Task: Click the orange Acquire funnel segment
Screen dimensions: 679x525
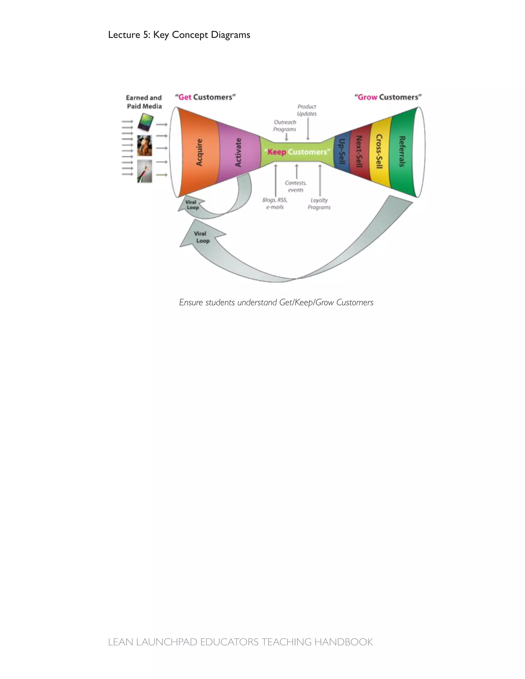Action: point(199,152)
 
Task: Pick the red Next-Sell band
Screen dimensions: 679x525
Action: point(360,152)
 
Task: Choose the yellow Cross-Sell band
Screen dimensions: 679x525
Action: point(379,152)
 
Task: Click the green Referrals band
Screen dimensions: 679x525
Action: point(402,152)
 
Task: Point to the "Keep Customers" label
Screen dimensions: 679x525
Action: point(297,152)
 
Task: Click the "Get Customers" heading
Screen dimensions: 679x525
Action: point(205,97)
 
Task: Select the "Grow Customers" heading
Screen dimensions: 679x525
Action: point(388,97)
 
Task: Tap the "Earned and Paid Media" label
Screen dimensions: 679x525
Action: point(144,102)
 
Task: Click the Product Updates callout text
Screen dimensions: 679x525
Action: point(307,110)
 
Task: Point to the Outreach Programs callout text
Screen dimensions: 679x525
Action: point(285,126)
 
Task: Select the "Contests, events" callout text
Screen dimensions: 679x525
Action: point(296,187)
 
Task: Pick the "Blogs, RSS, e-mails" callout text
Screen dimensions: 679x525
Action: point(275,204)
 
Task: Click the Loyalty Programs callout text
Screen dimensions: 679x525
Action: point(319,204)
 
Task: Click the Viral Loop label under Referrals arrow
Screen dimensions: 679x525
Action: point(201,237)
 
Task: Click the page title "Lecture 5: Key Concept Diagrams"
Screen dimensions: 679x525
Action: point(179,35)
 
